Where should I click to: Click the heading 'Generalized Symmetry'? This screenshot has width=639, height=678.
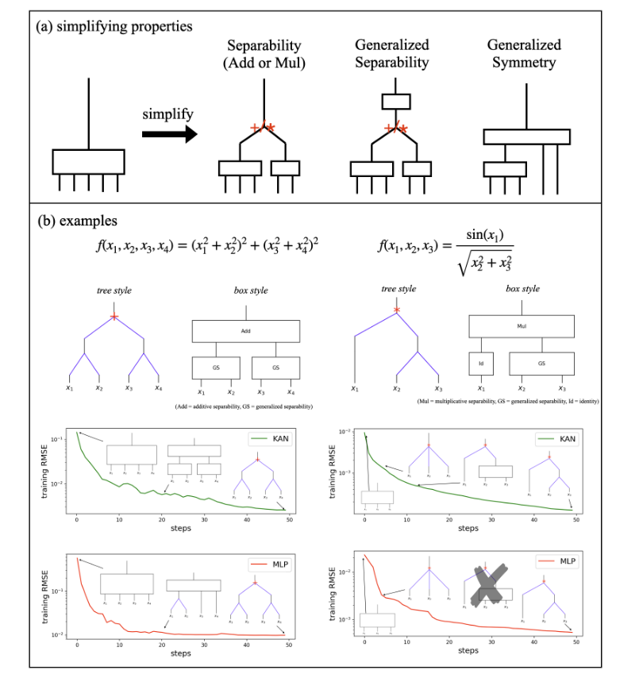523,53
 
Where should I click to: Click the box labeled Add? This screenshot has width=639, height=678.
245,331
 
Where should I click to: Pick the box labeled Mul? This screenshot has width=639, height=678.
521,326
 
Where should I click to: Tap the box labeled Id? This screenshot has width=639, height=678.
481,364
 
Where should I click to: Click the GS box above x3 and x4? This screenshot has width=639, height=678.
275,368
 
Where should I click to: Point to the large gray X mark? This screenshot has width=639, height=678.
490,587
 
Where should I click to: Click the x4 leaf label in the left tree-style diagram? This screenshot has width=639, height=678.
159,388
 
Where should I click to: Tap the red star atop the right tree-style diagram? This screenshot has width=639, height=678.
396,310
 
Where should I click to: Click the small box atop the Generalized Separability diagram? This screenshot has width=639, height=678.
395,102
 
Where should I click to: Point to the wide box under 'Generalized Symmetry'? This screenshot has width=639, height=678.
526,137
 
